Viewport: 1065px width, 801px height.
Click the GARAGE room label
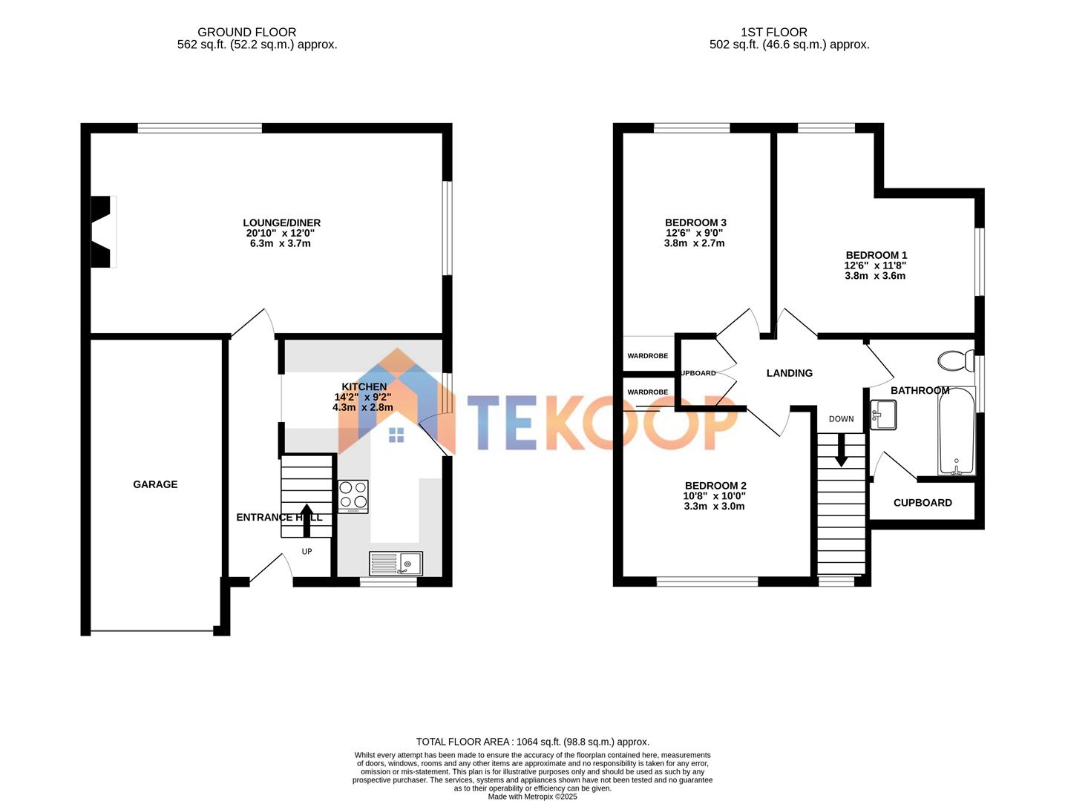pyautogui.click(x=155, y=484)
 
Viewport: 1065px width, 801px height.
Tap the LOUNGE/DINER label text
pyautogui.click(x=281, y=222)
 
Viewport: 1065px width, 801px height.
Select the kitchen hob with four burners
pyautogui.click(x=353, y=496)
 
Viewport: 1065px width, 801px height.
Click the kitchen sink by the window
pyautogui.click(x=396, y=564)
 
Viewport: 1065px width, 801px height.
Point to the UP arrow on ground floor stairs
pyautogui.click(x=306, y=520)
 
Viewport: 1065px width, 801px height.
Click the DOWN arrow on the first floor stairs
pyautogui.click(x=841, y=450)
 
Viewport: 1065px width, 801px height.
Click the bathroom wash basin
pyautogui.click(x=883, y=415)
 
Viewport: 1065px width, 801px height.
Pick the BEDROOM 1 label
pyautogui.click(x=876, y=255)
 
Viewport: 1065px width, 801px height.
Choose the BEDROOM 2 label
pyautogui.click(x=715, y=486)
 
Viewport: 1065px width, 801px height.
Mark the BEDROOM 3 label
pyautogui.click(x=695, y=222)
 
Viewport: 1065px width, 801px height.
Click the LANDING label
pyautogui.click(x=789, y=373)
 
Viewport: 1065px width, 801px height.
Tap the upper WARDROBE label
pyautogui.click(x=647, y=356)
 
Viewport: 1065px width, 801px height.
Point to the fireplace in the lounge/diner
pyautogui.click(x=102, y=231)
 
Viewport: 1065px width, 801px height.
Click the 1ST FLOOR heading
pyautogui.click(x=773, y=32)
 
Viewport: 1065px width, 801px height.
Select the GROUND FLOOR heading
pyautogui.click(x=246, y=32)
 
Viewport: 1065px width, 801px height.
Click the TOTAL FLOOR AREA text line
pyautogui.click(x=532, y=742)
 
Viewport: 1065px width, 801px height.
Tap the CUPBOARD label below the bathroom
pyautogui.click(x=923, y=503)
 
